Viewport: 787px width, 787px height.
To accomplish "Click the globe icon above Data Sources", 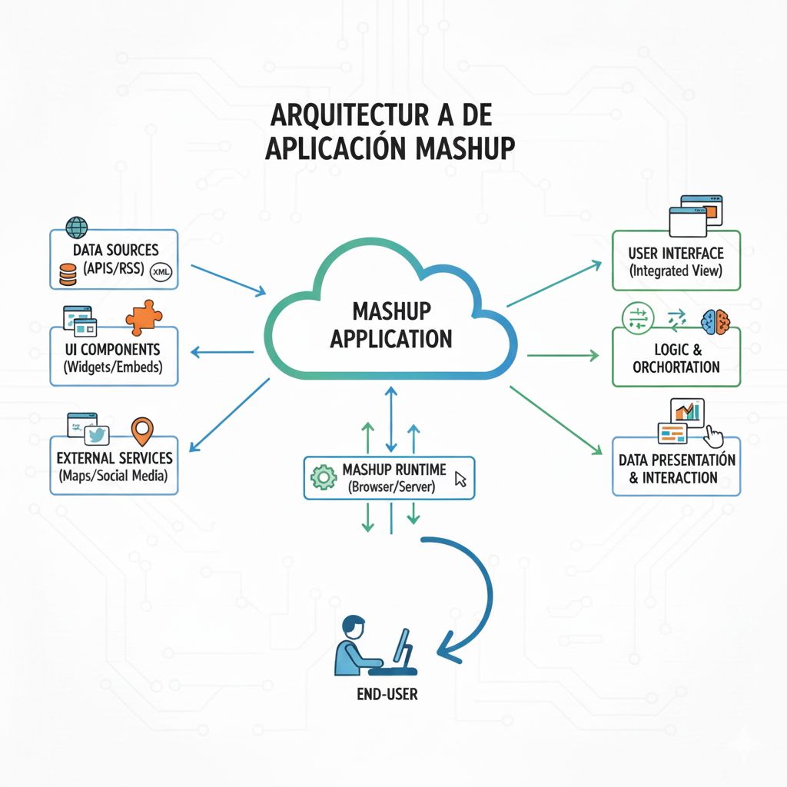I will pos(77,227).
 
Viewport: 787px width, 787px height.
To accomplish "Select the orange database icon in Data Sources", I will pos(68,274).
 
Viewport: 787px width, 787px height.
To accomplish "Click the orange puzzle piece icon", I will pos(143,317).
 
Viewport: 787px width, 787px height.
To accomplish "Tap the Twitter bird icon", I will pos(95,435).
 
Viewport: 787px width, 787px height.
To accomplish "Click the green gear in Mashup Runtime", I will pos(324,477).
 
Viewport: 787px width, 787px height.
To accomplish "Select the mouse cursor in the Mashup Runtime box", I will pos(460,480).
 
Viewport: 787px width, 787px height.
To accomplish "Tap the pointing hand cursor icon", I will pos(714,436).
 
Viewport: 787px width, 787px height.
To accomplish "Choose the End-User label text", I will pos(387,694).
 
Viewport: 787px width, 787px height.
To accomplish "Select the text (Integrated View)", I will pos(676,271).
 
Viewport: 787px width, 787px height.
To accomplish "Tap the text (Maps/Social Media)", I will pos(112,477).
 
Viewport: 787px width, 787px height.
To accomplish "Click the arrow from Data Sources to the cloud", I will pos(227,280).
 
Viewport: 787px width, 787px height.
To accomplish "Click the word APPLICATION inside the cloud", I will pos(390,338).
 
